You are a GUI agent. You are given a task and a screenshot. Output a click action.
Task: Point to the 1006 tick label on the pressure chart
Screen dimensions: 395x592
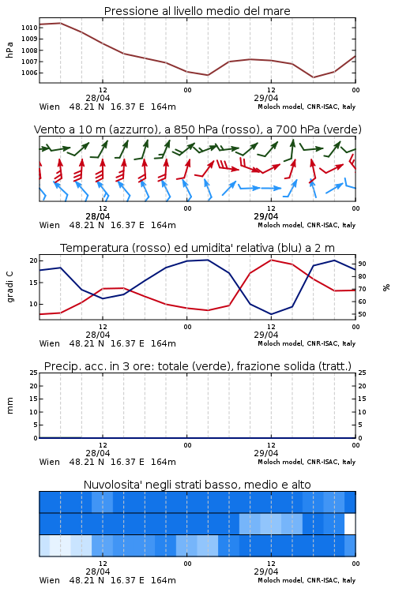click(x=29, y=73)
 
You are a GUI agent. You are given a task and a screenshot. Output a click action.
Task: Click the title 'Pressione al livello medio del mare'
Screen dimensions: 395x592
click(x=197, y=11)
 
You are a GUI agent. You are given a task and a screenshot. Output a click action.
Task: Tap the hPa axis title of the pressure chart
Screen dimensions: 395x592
click(x=9, y=50)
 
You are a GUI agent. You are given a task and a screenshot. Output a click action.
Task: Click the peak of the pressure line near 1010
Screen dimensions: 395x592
click(x=61, y=23)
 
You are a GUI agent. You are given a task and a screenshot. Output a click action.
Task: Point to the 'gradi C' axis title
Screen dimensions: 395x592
click(x=9, y=287)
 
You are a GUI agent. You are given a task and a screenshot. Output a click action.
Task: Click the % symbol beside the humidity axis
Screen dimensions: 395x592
click(x=386, y=287)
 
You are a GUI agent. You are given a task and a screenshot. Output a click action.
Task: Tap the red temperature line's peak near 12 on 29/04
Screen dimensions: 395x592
click(x=272, y=260)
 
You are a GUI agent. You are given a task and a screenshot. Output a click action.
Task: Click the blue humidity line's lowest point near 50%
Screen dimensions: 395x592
click(x=272, y=314)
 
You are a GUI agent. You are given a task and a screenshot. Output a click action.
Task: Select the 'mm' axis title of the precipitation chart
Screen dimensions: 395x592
click(x=9, y=406)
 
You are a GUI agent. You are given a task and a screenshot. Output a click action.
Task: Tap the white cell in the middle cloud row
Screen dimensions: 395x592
click(x=350, y=524)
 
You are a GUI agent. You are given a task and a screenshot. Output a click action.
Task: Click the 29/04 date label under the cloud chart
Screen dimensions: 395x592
click(x=266, y=571)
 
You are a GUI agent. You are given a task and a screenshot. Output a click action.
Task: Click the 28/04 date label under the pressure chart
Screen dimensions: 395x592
click(x=98, y=98)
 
